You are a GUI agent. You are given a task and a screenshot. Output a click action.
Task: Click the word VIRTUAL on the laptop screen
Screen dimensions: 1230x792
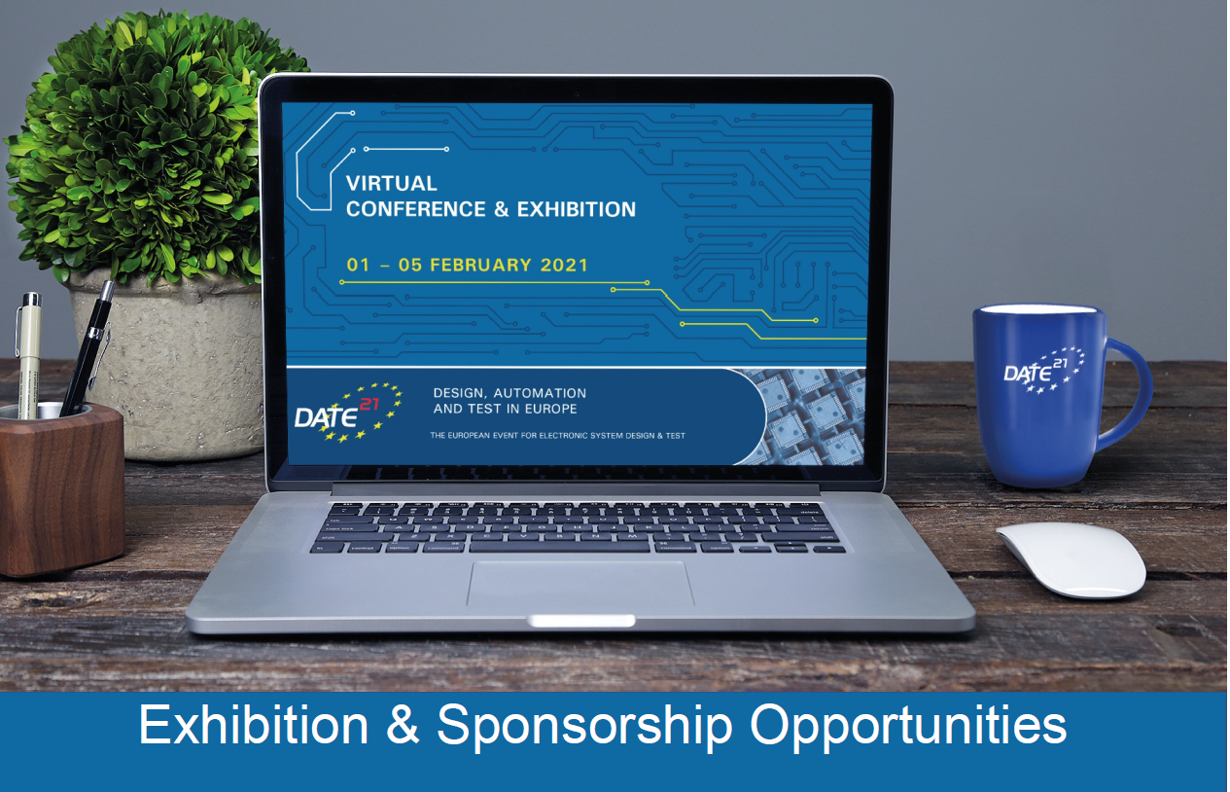[x=392, y=183]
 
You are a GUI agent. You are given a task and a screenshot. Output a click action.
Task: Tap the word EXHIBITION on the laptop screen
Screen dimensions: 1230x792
[x=577, y=209]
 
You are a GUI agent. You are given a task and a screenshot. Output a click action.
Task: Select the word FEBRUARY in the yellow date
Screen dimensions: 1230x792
[x=480, y=265]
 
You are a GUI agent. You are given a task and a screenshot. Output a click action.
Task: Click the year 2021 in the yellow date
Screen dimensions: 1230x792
[x=565, y=265]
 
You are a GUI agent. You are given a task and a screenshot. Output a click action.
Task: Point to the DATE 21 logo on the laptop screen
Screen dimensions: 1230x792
[x=348, y=414]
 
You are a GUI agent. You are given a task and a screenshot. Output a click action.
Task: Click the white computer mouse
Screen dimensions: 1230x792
[x=1072, y=559]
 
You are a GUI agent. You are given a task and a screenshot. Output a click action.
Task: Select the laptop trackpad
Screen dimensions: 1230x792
[x=580, y=584]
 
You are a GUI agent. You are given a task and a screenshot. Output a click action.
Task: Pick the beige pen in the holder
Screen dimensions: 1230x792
[x=28, y=355]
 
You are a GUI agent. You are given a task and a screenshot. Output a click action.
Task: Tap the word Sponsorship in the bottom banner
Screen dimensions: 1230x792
[x=584, y=727]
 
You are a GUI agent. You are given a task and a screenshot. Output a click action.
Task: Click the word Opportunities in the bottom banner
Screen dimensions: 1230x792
[x=908, y=727]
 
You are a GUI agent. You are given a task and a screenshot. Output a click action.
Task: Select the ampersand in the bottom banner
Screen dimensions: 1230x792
[x=403, y=725]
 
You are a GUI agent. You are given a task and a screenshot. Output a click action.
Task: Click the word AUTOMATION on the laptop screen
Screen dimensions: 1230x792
[x=540, y=393]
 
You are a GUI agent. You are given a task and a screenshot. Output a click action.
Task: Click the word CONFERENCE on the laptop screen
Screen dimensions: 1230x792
[x=416, y=209]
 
